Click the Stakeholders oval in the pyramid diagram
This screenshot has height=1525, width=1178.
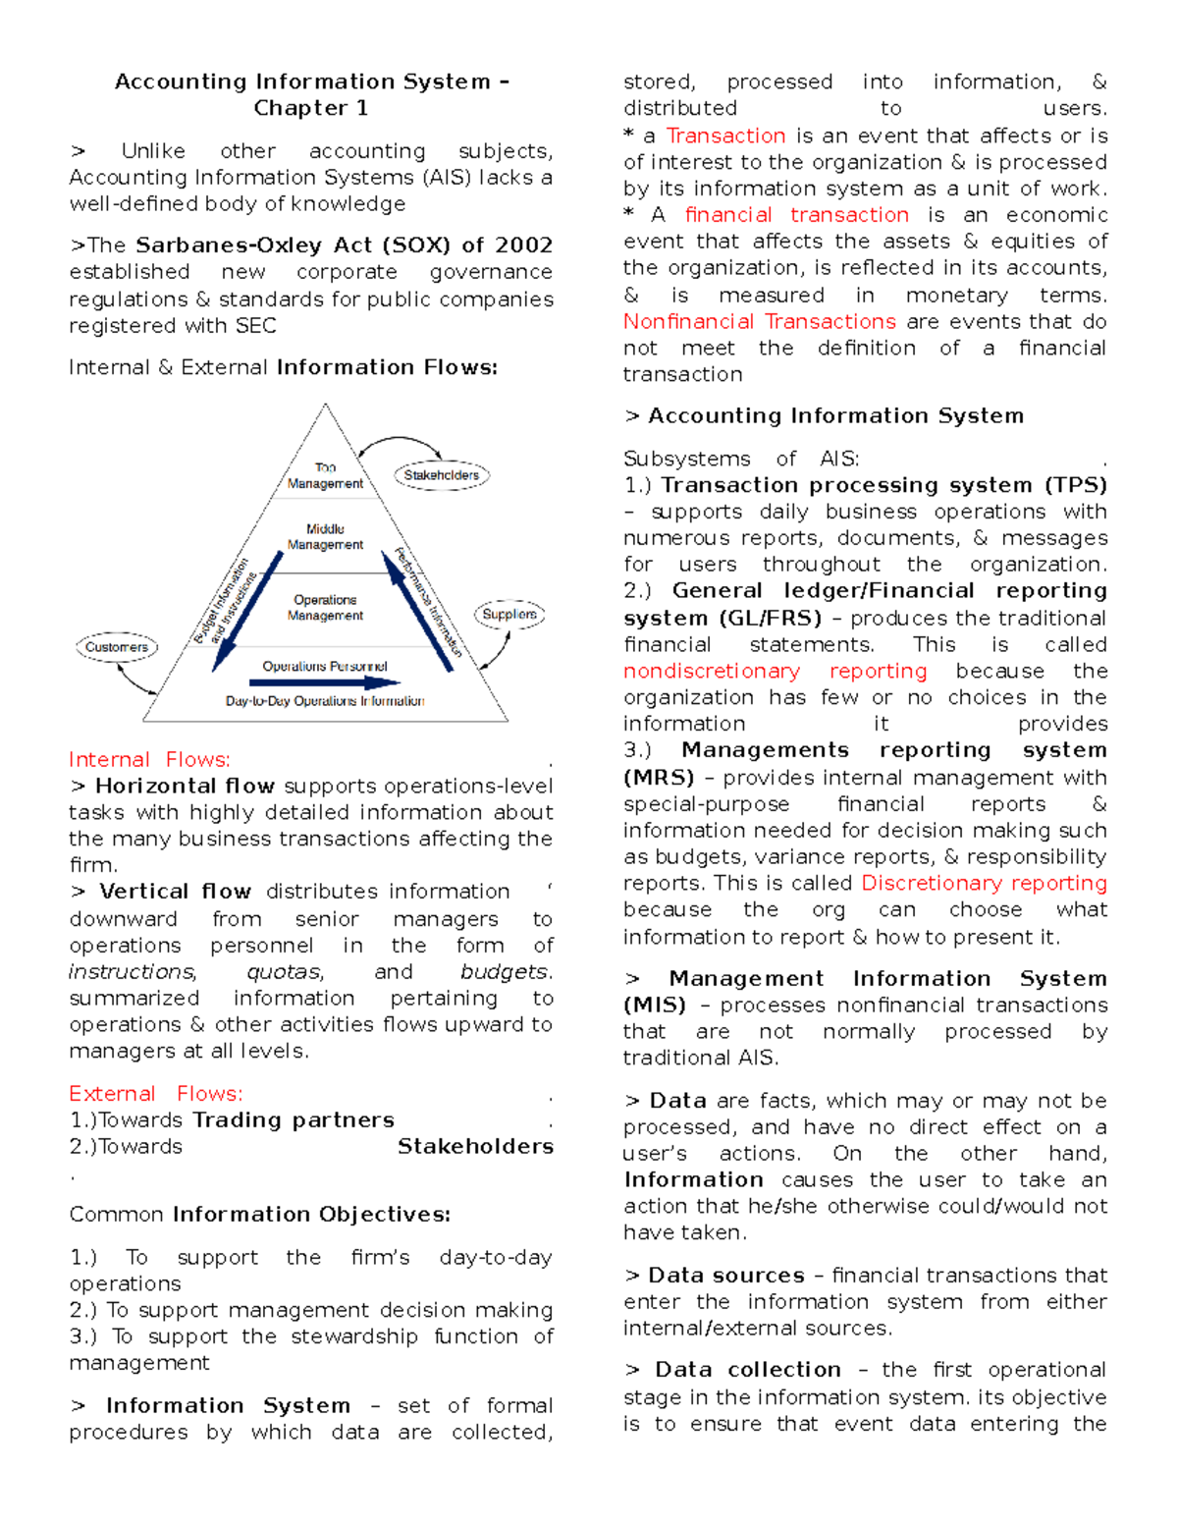tap(442, 475)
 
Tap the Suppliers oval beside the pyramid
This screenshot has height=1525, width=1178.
tap(509, 615)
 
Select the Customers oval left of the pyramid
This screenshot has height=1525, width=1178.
tap(117, 647)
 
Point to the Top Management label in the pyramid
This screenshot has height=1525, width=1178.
tap(325, 476)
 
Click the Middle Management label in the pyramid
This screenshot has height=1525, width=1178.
tap(325, 537)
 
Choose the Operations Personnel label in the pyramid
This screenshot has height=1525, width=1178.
tap(325, 667)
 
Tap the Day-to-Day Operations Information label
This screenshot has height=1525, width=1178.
tap(325, 701)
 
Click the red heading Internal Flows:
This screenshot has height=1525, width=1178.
tap(149, 760)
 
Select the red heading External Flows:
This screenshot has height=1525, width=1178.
tap(155, 1094)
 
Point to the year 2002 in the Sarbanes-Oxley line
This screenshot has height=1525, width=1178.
tap(523, 245)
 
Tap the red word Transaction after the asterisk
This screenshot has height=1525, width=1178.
tap(725, 136)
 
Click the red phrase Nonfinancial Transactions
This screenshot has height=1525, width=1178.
tap(759, 322)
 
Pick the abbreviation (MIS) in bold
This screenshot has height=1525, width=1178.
tap(655, 1006)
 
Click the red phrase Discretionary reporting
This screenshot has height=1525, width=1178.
tap(984, 883)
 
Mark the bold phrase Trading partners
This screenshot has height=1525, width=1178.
tap(294, 1120)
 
